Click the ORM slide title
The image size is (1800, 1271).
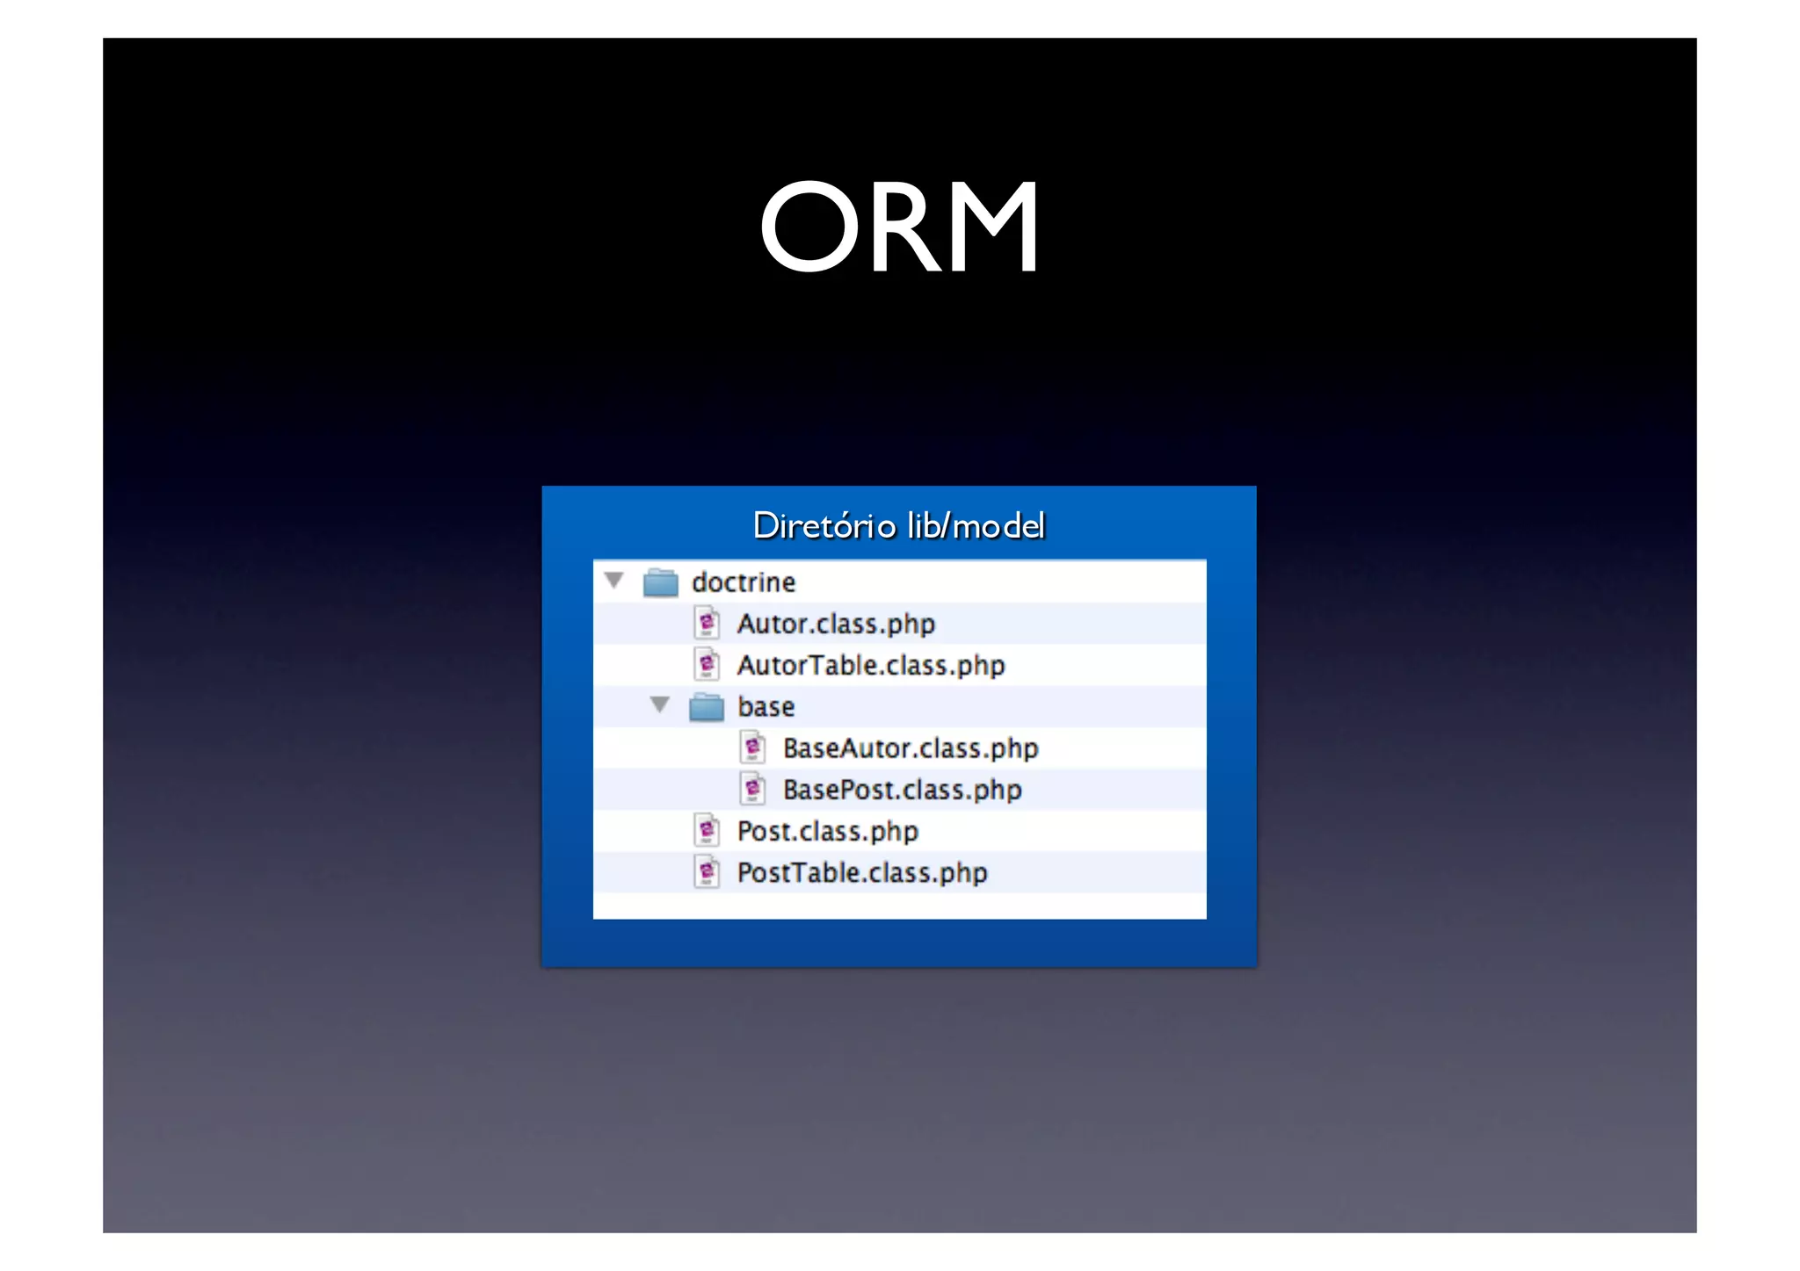point(899,227)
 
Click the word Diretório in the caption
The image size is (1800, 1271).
point(824,526)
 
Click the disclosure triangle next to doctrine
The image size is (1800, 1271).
point(614,581)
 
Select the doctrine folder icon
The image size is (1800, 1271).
point(660,582)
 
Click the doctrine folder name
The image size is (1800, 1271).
point(744,582)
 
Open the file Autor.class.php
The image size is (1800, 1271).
point(836,624)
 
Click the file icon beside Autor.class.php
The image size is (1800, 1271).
point(707,624)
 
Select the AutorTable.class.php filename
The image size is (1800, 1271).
point(871,665)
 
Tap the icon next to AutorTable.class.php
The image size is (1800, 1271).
point(707,665)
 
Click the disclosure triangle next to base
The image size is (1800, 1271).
point(660,705)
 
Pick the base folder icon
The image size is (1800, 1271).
point(706,707)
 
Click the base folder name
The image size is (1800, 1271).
point(766,707)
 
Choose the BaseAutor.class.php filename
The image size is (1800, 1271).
point(911,748)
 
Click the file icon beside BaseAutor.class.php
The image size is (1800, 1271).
point(752,748)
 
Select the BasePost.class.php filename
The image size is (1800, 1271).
point(903,790)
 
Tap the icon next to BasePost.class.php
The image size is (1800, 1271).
point(752,790)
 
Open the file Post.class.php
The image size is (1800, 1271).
point(828,831)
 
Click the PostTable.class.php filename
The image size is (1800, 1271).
point(862,872)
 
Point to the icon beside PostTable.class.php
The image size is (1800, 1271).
point(707,872)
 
